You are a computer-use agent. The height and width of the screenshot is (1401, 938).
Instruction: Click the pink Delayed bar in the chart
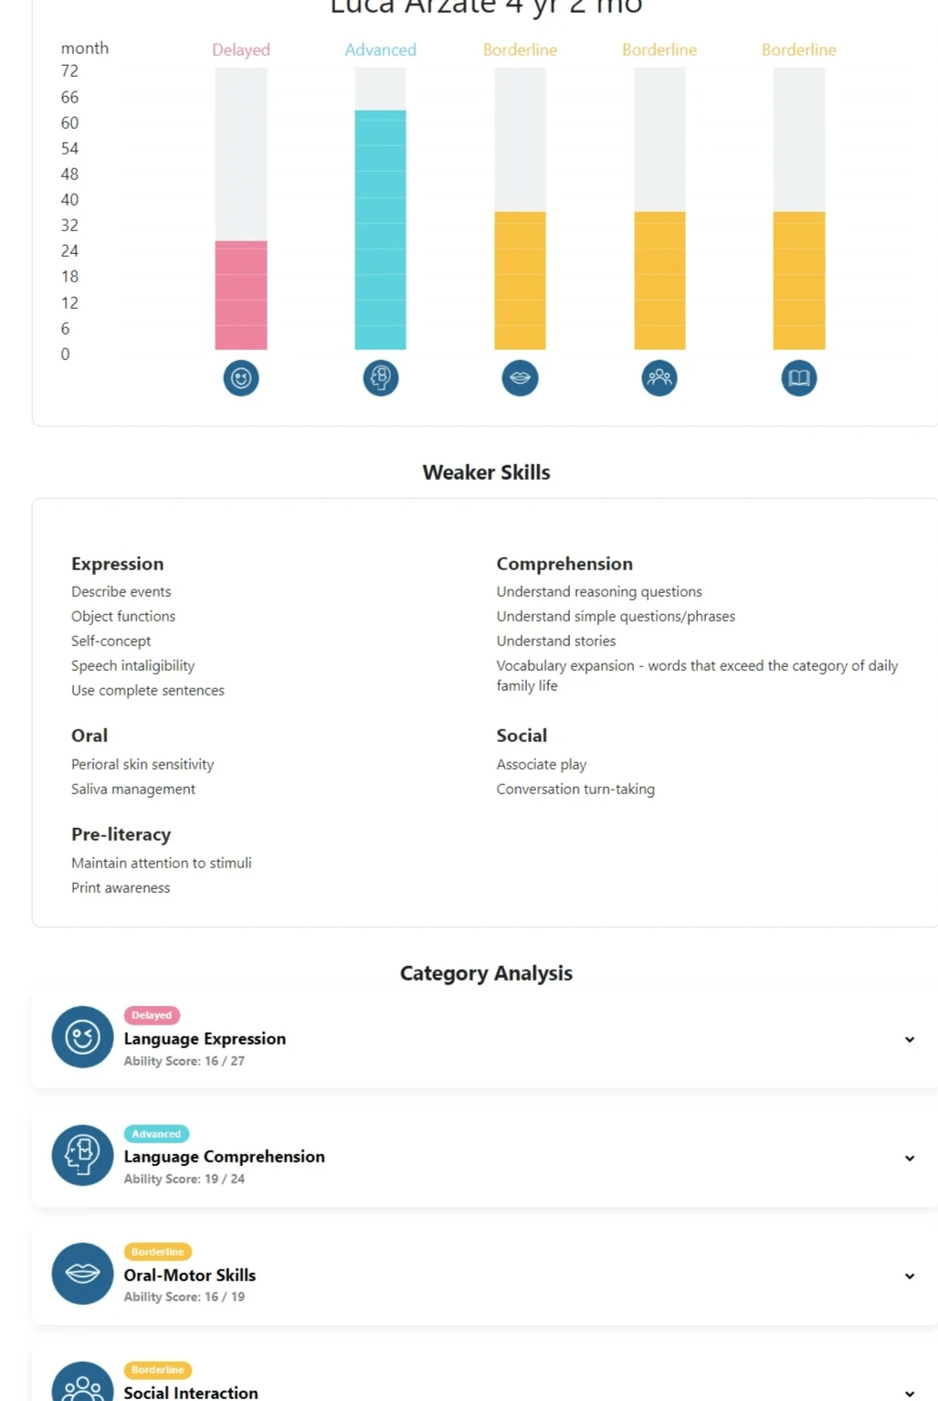click(241, 295)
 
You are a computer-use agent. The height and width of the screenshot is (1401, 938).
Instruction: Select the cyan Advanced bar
click(380, 229)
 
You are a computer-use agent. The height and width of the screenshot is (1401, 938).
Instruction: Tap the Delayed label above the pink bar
click(241, 50)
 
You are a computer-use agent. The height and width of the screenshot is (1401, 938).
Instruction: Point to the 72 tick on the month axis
click(69, 71)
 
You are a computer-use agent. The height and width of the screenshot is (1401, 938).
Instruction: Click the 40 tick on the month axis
click(69, 199)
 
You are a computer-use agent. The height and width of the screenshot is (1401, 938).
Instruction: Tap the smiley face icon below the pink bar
click(241, 377)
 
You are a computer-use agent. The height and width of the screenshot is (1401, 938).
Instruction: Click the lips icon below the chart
click(520, 377)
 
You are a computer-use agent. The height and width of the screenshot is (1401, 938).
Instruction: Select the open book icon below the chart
click(799, 377)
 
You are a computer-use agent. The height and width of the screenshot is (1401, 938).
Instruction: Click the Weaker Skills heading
click(486, 472)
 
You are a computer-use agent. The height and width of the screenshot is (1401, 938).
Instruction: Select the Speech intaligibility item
click(133, 665)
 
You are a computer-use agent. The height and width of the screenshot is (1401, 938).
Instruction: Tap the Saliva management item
click(133, 789)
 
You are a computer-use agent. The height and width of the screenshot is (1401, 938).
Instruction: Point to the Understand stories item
click(556, 641)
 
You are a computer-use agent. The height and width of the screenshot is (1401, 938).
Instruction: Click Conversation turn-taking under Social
click(575, 789)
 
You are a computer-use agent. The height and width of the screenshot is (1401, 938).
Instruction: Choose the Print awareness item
click(121, 887)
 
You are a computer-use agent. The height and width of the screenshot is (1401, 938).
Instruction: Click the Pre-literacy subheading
click(121, 834)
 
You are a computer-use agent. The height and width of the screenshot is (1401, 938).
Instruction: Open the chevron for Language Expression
click(910, 1039)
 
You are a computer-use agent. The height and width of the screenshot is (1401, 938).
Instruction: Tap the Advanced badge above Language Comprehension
click(156, 1134)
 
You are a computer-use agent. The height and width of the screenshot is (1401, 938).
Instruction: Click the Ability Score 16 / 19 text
click(184, 1297)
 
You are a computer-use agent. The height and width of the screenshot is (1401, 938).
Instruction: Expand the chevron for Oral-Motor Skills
click(910, 1276)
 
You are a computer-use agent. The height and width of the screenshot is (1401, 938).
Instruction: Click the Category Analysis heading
click(486, 973)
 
